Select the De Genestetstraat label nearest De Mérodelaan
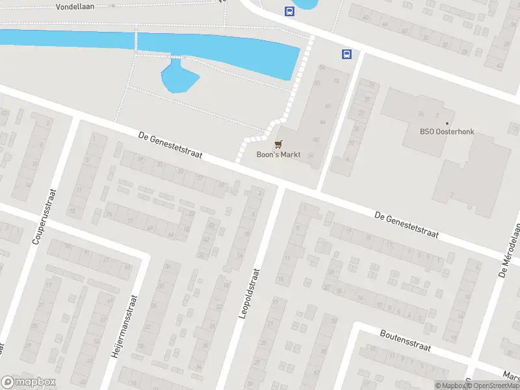coord(407,224)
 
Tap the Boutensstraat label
coord(402,341)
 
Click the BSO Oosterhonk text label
coord(447,132)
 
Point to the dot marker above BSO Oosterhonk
coord(447,123)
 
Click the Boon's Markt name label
coord(278,155)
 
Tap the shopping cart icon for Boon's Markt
coord(279,144)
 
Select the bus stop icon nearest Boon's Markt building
coord(346,55)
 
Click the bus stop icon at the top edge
coord(289,10)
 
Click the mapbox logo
coord(29,382)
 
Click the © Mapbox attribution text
coord(450,385)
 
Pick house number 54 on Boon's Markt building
coord(321,68)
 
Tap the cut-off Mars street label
coord(512,376)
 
